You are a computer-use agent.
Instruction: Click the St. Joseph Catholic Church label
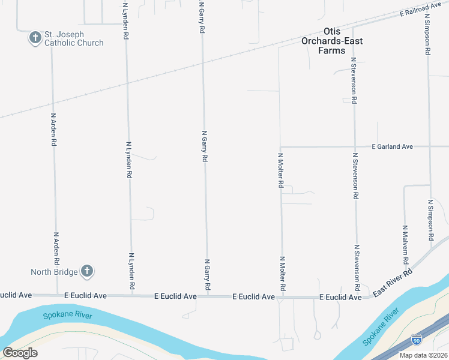pos(74,38)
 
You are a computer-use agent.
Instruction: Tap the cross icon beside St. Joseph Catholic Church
pos(35,38)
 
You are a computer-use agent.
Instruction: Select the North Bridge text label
pos(55,272)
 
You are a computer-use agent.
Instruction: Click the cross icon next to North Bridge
pos(87,271)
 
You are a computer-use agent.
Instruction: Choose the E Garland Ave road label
pos(393,146)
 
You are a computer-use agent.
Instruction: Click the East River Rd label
pos(393,281)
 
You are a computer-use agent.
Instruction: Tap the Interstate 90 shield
pos(417,340)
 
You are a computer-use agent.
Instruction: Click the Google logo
pos(20,353)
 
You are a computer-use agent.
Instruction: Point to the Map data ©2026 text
pos(423,355)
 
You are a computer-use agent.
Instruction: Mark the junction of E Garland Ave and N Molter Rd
pos(280,146)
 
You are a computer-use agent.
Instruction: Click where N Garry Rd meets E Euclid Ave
pos(208,296)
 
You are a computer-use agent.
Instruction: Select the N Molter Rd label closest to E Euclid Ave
pos(282,274)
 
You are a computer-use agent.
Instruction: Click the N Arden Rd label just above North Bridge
pos(56,249)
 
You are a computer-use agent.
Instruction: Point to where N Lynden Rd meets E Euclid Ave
pos(132,295)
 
